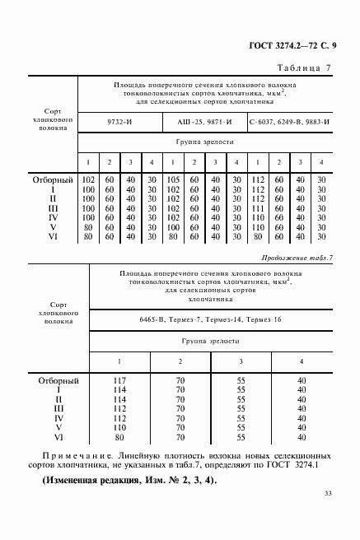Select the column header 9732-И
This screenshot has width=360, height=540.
pyautogui.click(x=119, y=122)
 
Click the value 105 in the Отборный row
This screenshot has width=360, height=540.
pyautogui.click(x=173, y=179)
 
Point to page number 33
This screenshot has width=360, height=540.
pyautogui.click(x=327, y=516)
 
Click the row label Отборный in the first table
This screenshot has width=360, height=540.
pyautogui.click(x=54, y=179)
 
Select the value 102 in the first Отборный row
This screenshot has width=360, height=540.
pyautogui.click(x=88, y=179)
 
